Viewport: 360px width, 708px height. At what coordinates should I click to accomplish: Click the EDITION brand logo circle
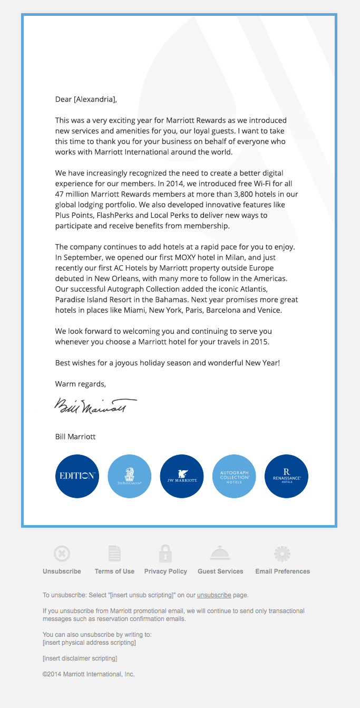[x=77, y=476]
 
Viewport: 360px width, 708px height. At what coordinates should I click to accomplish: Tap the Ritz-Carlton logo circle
[x=129, y=476]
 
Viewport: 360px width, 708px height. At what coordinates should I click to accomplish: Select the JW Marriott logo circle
[x=182, y=476]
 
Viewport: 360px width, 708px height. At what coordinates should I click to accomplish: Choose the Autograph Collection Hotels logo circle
[x=234, y=476]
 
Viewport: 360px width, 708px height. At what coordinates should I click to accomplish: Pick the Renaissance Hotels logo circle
[x=286, y=476]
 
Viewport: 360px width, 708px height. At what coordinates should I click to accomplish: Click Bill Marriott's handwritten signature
[x=95, y=406]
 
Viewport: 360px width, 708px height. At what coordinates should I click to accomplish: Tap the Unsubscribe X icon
[x=62, y=554]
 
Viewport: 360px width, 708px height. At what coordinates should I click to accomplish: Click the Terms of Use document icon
[x=114, y=554]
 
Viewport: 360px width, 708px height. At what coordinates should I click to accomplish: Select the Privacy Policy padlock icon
[x=166, y=554]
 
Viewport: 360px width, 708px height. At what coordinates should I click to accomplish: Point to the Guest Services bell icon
[x=220, y=554]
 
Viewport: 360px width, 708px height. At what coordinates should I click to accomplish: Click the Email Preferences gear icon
[x=283, y=554]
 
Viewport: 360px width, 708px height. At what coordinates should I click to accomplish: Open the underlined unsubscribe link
[x=214, y=595]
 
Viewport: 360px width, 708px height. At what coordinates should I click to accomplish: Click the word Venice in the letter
[x=269, y=311]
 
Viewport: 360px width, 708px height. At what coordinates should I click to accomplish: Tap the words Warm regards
[x=80, y=384]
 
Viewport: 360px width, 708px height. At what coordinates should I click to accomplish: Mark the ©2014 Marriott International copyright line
[x=89, y=674]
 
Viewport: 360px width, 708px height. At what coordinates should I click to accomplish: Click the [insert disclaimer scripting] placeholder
[x=80, y=658]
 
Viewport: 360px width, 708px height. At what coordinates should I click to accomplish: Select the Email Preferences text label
[x=283, y=571]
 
